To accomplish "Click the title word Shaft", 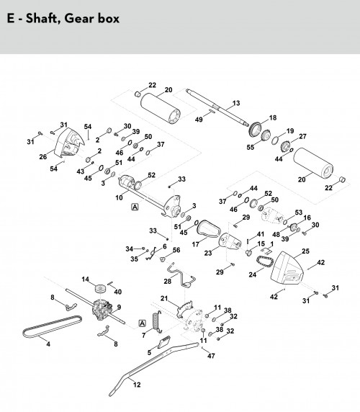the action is pyautogui.click(x=42, y=19).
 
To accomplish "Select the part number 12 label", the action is pyautogui.click(x=137, y=385).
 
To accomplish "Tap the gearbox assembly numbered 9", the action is pyautogui.click(x=102, y=311).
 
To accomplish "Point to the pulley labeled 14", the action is pyautogui.click(x=100, y=289).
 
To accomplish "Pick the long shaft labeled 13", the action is pyautogui.click(x=217, y=108).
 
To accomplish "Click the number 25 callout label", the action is pyautogui.click(x=305, y=251).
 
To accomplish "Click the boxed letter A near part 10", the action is pyautogui.click(x=135, y=207).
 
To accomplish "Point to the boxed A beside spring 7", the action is pyautogui.click(x=142, y=323).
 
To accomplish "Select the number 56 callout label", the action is pyautogui.click(x=176, y=250).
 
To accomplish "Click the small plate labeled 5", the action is pyautogui.click(x=164, y=343).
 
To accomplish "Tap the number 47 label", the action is pyautogui.click(x=211, y=356).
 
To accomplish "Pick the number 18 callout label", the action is pyautogui.click(x=273, y=117).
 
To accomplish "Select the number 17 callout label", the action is pyautogui.click(x=195, y=244).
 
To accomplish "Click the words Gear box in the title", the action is pyautogui.click(x=91, y=19).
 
